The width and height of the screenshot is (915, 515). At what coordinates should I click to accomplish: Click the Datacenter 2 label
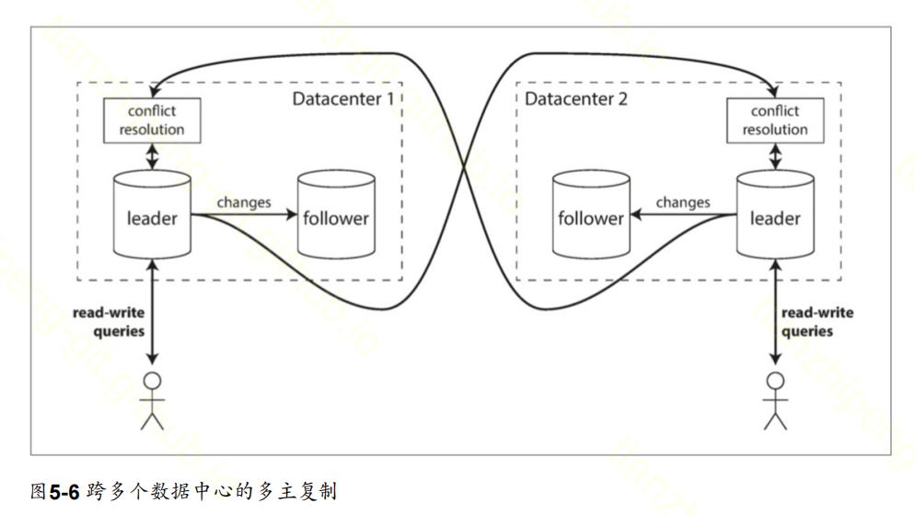pos(576,98)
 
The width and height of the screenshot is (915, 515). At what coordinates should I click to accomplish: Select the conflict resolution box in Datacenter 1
pos(152,120)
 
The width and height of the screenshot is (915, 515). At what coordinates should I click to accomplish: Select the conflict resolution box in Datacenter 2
pos(775,120)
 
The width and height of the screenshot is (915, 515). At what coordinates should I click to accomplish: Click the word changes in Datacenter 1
pos(243,201)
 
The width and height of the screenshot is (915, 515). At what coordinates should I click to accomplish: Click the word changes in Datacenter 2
pos(682,201)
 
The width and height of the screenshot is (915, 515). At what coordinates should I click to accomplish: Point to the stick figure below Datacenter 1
pos(152,400)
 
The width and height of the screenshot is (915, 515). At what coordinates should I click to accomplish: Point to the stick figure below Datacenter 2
pos(775,400)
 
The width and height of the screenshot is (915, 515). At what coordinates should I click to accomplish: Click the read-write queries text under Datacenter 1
pos(109,321)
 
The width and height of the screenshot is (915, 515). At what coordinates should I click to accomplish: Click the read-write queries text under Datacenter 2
pos(817,321)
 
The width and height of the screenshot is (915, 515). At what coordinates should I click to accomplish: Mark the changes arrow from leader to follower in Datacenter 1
pos(249,217)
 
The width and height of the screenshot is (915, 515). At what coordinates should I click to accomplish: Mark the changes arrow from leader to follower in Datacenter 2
pos(681,217)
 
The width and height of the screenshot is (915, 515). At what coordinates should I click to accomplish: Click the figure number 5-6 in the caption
pos(65,492)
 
